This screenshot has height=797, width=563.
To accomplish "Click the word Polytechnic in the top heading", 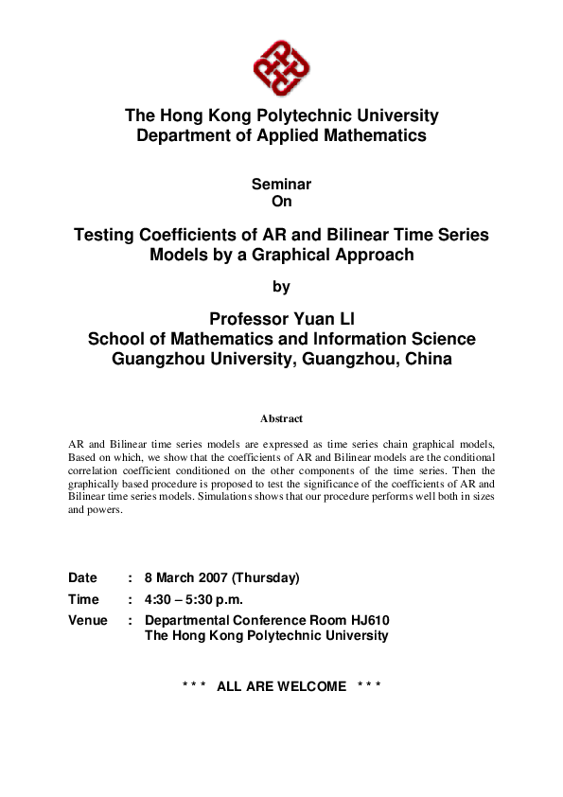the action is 283,115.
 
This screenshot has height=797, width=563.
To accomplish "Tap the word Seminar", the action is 281,185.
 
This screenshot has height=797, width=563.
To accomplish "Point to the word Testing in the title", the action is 110,235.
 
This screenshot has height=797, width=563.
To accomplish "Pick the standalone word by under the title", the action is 281,285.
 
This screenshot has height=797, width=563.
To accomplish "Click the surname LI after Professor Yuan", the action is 344,318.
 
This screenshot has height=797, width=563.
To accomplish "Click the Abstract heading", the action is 281,417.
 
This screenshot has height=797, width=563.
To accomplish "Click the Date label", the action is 82,577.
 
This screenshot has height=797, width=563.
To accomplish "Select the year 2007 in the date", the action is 210,577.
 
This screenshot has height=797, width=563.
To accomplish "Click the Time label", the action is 83,599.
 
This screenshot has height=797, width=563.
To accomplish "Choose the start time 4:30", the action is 159,599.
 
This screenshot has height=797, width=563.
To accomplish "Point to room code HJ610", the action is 368,620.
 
